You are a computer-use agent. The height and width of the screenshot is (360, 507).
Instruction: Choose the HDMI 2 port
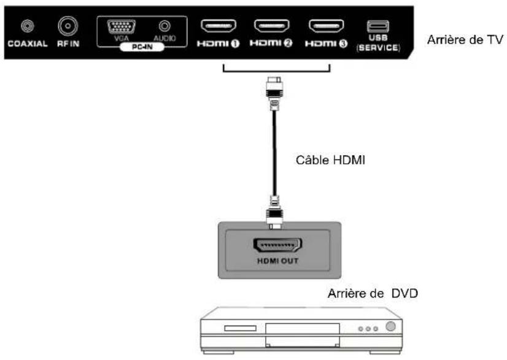tap(272, 26)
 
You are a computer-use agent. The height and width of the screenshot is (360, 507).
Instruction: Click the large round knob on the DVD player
tap(391, 326)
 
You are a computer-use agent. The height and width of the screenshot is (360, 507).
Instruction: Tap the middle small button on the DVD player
tap(368, 328)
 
